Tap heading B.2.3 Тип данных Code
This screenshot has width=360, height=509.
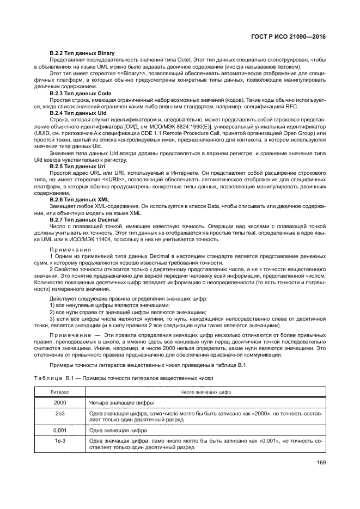(81, 94)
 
